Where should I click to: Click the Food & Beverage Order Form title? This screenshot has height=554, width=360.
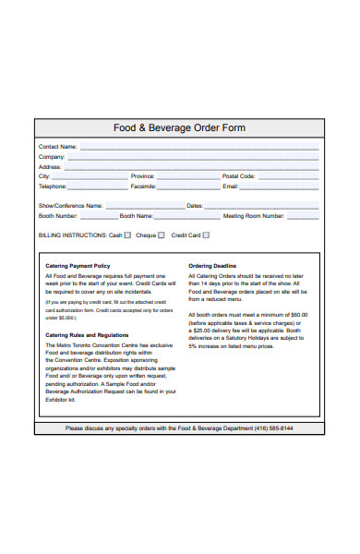[179, 128]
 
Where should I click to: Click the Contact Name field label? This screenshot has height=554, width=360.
[57, 147]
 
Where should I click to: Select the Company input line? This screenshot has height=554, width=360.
[193, 159]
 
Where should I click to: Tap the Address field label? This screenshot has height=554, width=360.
[51, 167]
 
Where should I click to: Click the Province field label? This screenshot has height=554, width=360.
[143, 176]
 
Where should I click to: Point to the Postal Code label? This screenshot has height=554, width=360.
[238, 176]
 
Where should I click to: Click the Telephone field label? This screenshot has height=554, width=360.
[53, 186]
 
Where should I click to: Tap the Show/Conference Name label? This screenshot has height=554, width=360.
[70, 206]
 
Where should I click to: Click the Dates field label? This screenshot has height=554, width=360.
[195, 206]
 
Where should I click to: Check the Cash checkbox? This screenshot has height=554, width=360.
[127, 235]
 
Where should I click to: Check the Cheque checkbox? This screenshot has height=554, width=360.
[161, 235]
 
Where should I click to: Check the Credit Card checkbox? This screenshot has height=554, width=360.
[207, 235]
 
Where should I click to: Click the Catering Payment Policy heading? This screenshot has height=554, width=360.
[78, 266]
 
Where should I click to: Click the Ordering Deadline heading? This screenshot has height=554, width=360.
[212, 266]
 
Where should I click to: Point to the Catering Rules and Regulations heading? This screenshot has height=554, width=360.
[87, 335]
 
